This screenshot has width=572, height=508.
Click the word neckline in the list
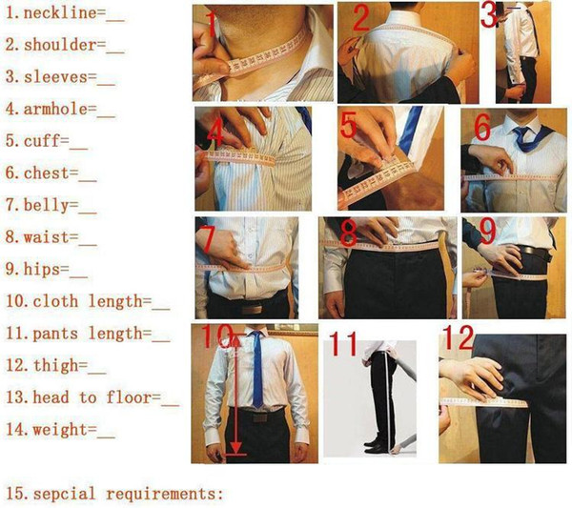coord(60,13)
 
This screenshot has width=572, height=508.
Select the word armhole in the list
coord(55,109)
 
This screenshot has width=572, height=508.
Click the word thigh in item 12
coord(56,365)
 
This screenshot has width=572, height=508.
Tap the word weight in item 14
coord(60,430)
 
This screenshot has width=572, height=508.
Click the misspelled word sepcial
coord(65,494)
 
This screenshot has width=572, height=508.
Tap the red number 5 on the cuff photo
coord(348,125)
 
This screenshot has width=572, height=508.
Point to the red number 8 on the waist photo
coord(348,233)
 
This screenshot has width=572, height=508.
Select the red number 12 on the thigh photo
coord(459,337)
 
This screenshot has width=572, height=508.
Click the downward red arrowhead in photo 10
coord(236,447)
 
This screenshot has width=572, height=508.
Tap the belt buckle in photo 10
coord(259,417)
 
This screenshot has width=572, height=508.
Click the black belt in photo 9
coord(535,252)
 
